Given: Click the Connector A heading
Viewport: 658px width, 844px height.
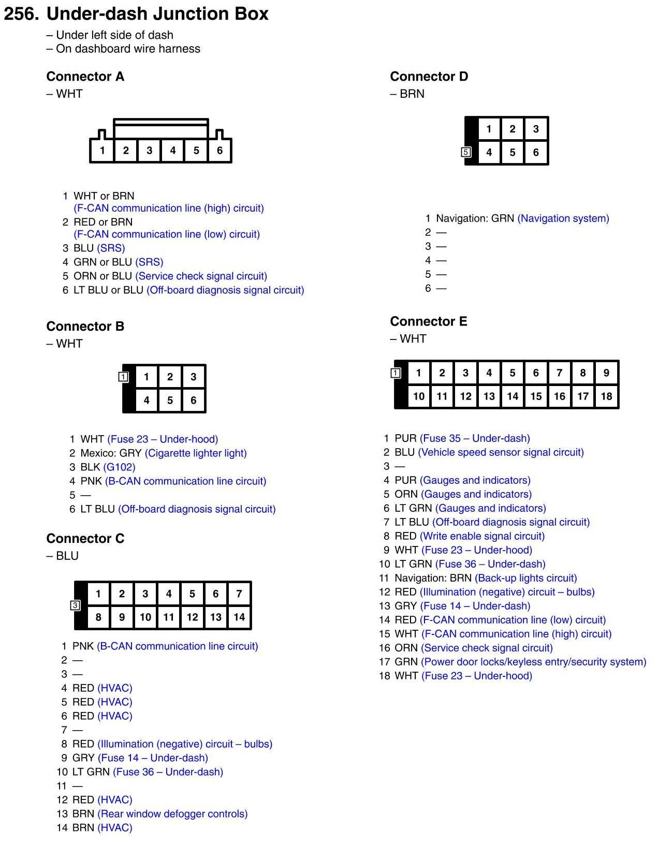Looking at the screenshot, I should pyautogui.click(x=85, y=77).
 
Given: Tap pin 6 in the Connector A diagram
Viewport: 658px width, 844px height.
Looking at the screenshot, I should pyautogui.click(x=220, y=151).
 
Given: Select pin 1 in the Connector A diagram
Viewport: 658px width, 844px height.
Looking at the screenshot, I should pyautogui.click(x=102, y=151).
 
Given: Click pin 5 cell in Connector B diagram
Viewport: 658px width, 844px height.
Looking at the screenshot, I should pyautogui.click(x=170, y=400).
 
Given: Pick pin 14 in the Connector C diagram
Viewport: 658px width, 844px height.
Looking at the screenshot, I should pyautogui.click(x=239, y=617).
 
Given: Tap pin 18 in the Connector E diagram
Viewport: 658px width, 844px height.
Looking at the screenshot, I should pyautogui.click(x=606, y=396).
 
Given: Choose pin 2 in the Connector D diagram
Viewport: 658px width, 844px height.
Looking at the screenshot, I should pyautogui.click(x=512, y=129).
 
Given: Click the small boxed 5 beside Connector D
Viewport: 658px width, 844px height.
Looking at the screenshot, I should pyautogui.click(x=466, y=152).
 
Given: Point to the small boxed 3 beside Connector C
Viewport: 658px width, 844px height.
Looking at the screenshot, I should pyautogui.click(x=75, y=605).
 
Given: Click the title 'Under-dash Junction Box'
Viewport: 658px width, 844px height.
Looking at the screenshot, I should pyautogui.click(x=157, y=14).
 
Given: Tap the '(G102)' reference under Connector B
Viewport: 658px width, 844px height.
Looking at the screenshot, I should pyautogui.click(x=119, y=467).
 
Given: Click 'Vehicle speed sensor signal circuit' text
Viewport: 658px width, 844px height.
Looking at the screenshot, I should pyautogui.click(x=501, y=452).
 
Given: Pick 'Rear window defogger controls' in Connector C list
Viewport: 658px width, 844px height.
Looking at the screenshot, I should pyautogui.click(x=172, y=814).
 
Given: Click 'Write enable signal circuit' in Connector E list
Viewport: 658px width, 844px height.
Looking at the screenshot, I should pyautogui.click(x=482, y=536).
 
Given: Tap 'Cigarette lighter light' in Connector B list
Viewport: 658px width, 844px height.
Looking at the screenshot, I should pyautogui.click(x=196, y=453).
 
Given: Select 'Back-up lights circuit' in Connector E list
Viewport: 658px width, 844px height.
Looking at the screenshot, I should pyautogui.click(x=526, y=578).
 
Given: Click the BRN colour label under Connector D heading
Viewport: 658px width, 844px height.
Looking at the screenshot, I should pyautogui.click(x=412, y=94).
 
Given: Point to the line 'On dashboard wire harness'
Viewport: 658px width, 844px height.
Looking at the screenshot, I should pyautogui.click(x=127, y=49).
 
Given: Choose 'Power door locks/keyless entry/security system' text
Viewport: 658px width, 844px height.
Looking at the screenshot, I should pyautogui.click(x=534, y=662).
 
